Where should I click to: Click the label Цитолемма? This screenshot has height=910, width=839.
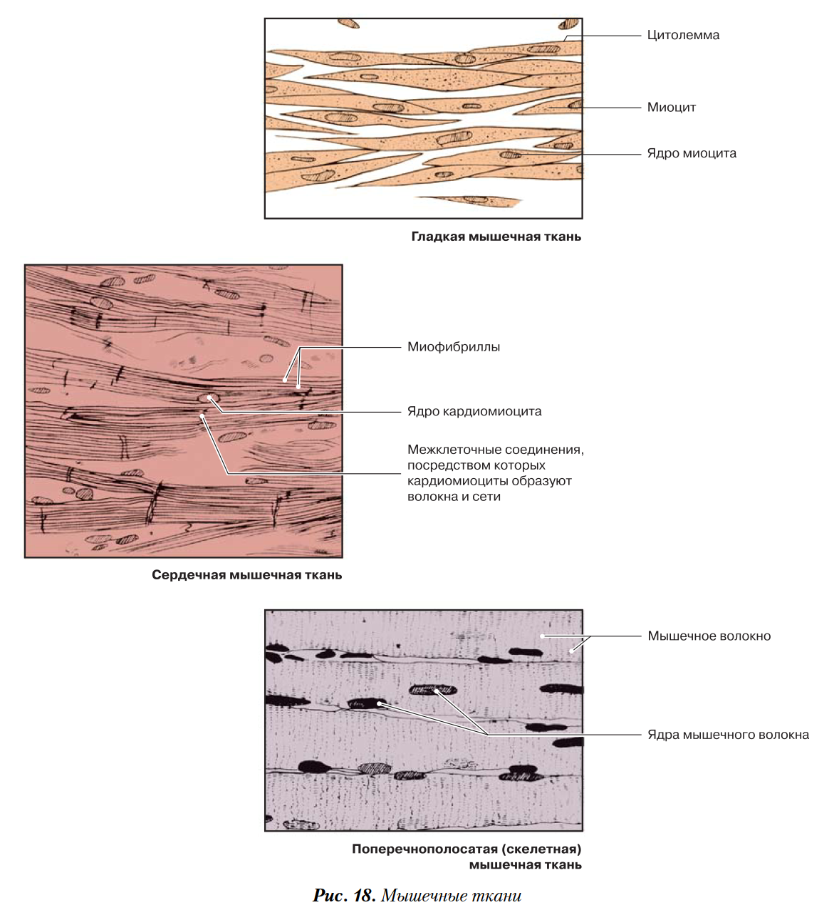click(x=683, y=36)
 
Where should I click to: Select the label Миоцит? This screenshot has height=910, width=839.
click(x=672, y=108)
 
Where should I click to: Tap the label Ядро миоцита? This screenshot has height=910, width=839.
click(x=692, y=153)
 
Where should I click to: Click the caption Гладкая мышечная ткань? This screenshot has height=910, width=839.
click(x=496, y=237)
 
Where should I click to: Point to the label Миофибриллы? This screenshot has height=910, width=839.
click(x=454, y=347)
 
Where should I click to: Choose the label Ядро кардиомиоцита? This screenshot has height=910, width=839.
click(x=474, y=411)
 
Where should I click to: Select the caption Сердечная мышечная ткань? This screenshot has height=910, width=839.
click(x=247, y=575)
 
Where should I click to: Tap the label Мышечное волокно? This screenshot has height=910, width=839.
click(x=709, y=636)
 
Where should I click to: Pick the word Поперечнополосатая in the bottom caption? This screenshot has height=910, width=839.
click(x=424, y=849)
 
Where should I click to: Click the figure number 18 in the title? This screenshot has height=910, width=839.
click(x=364, y=895)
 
